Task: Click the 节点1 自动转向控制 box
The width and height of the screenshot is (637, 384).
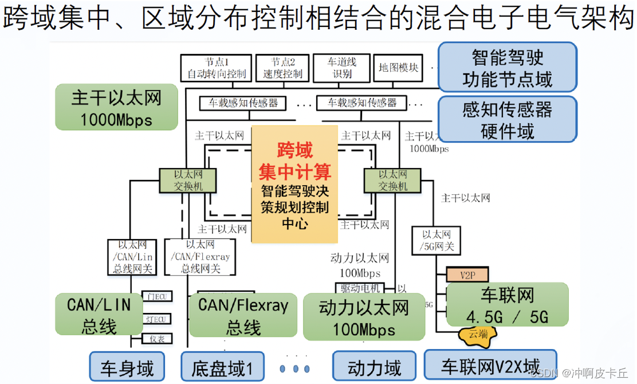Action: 216,68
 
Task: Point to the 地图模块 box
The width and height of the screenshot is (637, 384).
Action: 398,68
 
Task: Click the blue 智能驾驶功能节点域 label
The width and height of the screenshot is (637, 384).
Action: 507,67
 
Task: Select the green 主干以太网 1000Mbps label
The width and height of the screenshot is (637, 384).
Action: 116,107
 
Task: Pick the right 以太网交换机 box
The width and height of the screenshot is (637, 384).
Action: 392,180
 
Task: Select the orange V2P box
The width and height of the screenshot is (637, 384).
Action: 467,275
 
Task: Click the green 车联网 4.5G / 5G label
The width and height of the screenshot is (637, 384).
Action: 507,305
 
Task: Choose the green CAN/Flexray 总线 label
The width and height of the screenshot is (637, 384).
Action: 243,315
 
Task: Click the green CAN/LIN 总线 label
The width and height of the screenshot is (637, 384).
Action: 99,314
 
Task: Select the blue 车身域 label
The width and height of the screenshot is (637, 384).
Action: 127,367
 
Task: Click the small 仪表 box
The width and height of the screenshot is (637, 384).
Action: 156,339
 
